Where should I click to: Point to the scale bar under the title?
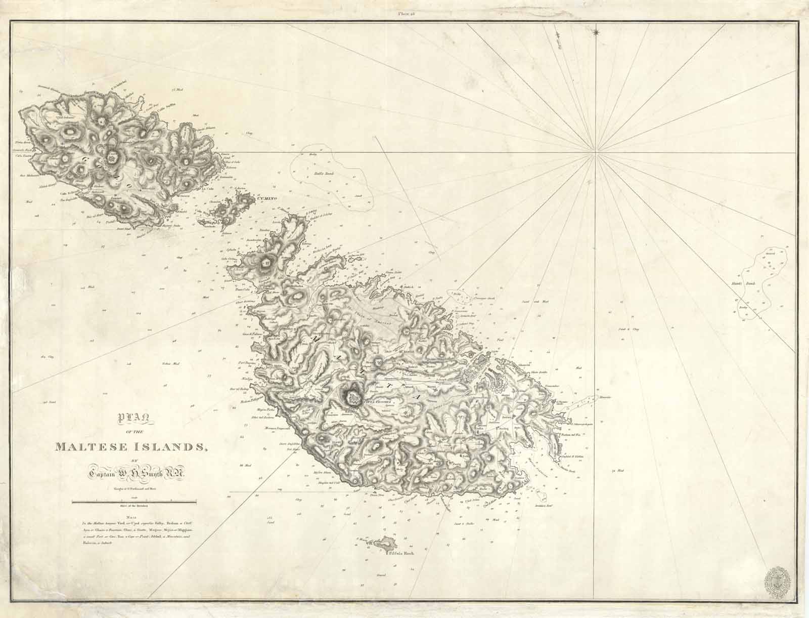coord(134,502)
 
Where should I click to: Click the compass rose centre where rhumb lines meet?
coord(596,153)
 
